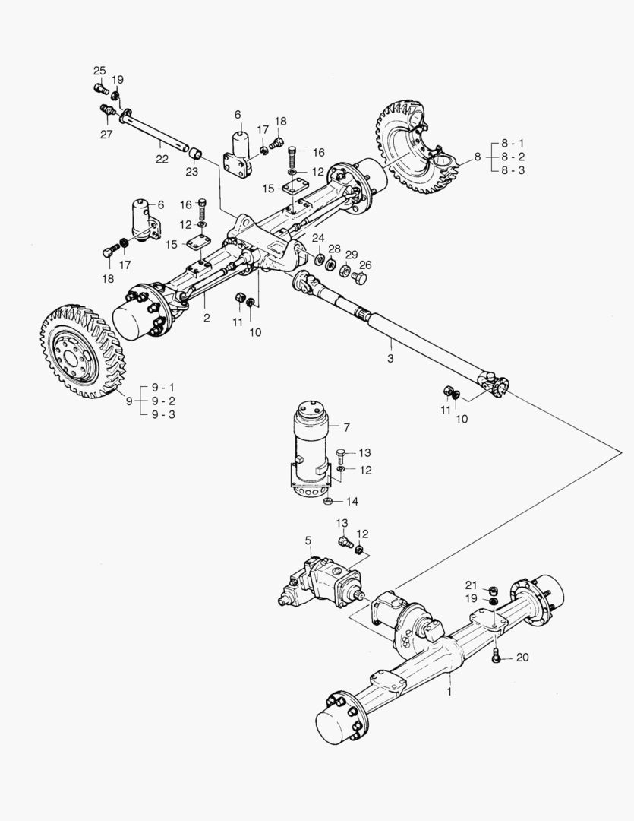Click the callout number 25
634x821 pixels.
[99, 71]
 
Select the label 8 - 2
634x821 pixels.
[513, 157]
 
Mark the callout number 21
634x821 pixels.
[470, 585]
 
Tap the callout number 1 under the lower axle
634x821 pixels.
[449, 693]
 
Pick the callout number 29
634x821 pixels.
[351, 254]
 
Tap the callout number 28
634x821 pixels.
[334, 249]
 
